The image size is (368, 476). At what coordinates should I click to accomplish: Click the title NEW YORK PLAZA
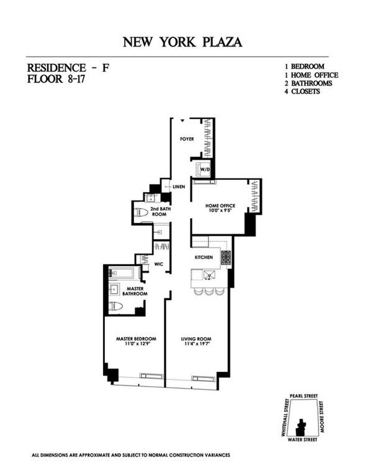[x=184, y=42]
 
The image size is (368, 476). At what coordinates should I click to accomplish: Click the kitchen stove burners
[x=225, y=258]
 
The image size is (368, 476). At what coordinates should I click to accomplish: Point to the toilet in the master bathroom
[x=117, y=306]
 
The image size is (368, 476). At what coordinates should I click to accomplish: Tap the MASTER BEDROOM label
[x=136, y=338]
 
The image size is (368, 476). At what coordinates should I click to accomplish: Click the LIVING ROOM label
[x=197, y=338]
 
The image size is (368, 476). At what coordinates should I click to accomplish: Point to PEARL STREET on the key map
[x=302, y=394]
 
